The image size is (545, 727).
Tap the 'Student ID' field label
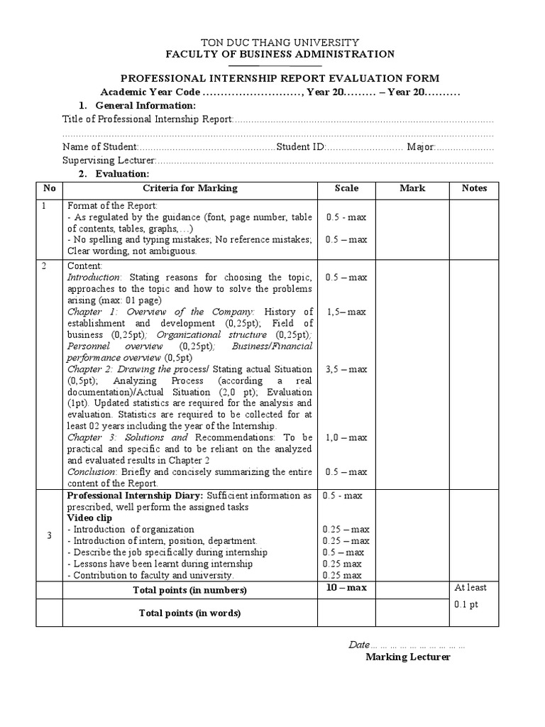point(300,147)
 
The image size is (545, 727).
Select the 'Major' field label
point(420,147)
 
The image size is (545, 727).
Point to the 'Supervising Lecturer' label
point(109,160)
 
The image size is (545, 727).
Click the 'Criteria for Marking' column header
point(190,188)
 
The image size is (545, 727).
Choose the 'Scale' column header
point(346,188)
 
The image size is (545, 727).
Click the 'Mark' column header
point(412,188)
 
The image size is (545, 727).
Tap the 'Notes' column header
point(474,188)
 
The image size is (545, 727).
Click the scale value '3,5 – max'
point(346,369)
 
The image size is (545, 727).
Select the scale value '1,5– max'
point(346,312)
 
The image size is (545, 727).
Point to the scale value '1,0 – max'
point(346,438)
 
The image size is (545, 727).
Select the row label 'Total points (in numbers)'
point(189,591)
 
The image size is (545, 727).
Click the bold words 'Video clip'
point(90,518)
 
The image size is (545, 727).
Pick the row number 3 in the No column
point(49,535)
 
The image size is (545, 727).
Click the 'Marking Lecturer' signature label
point(408,657)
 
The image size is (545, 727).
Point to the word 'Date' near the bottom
point(358,645)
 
